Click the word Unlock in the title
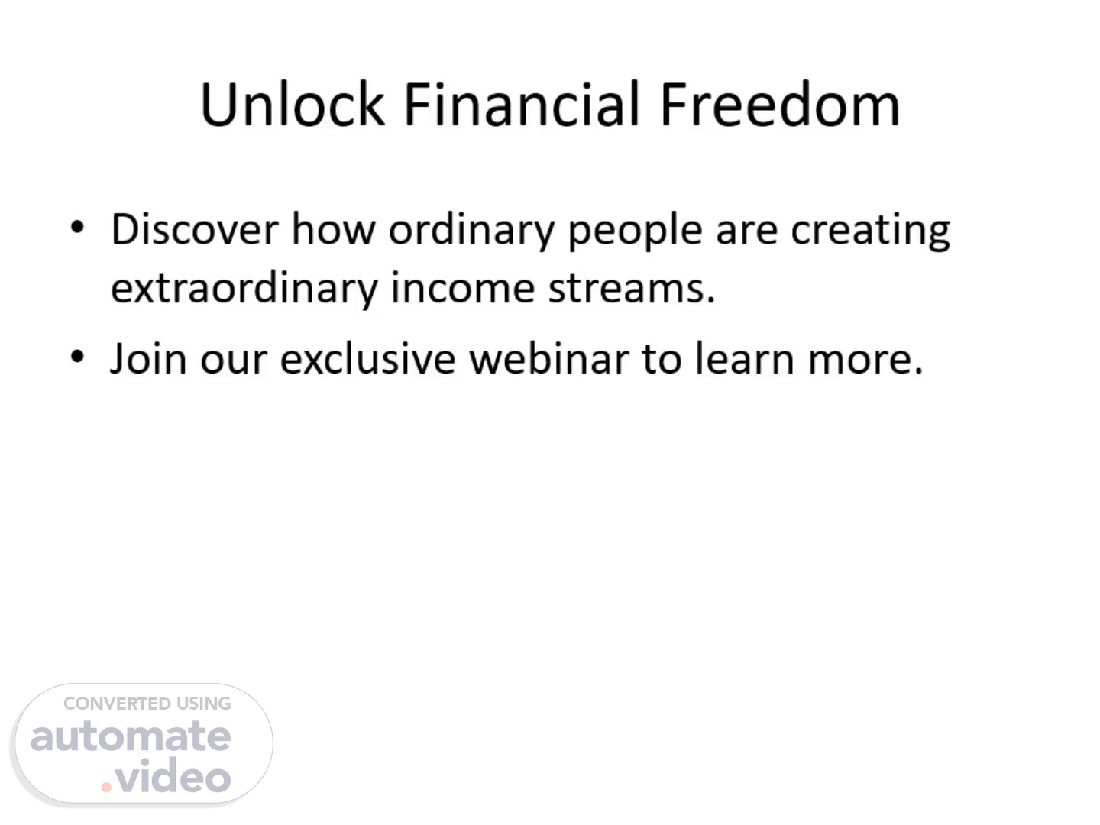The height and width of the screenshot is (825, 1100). [293, 104]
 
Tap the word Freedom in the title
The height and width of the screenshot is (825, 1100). [780, 104]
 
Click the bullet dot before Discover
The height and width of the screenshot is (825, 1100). [77, 227]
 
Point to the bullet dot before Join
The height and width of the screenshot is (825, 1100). [77, 357]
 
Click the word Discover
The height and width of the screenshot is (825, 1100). [195, 229]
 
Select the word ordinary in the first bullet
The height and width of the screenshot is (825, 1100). [472, 232]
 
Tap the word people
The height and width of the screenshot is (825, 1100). [635, 232]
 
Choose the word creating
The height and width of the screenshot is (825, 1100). [871, 232]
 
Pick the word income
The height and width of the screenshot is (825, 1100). [463, 288]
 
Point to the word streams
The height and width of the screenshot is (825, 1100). [632, 290]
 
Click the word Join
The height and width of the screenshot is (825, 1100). [148, 358]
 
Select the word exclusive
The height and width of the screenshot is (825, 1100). [368, 358]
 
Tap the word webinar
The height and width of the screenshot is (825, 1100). [549, 358]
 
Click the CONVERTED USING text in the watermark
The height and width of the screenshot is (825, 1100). [147, 704]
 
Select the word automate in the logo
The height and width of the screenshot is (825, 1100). [131, 736]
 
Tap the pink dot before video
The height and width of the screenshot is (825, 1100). [106, 788]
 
